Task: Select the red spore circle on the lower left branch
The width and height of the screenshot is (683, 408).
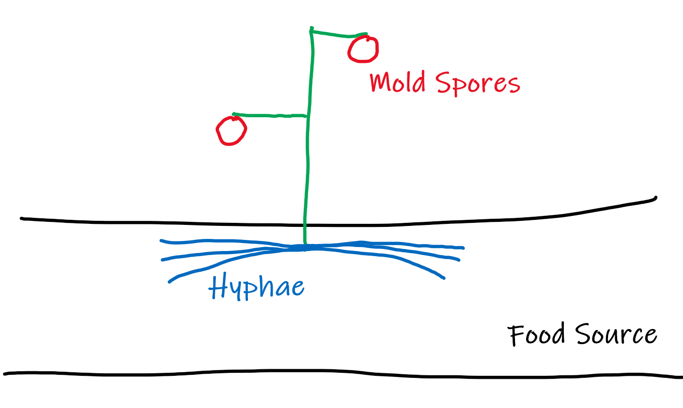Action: click(231, 131)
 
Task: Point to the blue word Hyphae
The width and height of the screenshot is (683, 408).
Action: click(257, 288)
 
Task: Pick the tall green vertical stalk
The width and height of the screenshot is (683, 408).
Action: click(307, 151)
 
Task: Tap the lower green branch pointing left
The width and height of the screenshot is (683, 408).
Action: click(269, 115)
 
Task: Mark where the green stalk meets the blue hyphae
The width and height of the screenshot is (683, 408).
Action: click(305, 247)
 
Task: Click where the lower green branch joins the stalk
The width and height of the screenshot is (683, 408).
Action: click(307, 116)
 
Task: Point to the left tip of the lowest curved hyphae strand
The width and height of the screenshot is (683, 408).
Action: click(169, 281)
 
